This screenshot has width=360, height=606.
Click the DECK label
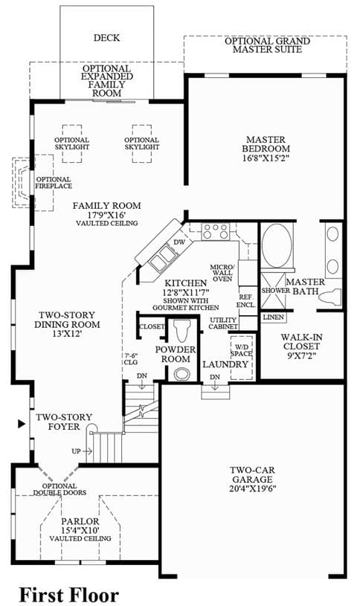106,38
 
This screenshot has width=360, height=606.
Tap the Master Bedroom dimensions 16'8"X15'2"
266,158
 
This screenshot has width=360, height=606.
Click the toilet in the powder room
181,329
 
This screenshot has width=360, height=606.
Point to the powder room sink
181,374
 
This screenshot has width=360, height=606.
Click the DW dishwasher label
179,242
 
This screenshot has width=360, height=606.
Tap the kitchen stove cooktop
216,231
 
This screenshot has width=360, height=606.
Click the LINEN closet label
274,317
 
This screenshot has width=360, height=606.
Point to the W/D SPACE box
242,357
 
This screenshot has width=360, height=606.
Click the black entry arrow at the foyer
22,425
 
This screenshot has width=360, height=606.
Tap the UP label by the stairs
76,451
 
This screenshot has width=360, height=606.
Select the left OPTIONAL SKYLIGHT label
71,144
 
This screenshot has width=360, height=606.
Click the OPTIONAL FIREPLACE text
54,182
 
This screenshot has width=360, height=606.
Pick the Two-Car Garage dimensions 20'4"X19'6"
252,488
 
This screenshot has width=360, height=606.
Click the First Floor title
69,594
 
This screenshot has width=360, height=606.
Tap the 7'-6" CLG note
131,358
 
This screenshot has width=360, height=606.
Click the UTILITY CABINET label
223,323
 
